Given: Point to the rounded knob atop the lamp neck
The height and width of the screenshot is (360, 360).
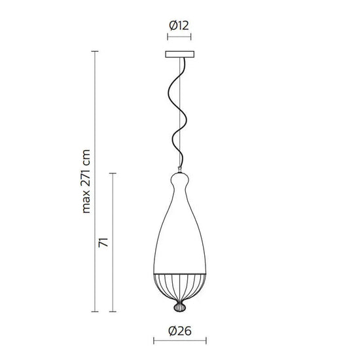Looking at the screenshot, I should (180, 177).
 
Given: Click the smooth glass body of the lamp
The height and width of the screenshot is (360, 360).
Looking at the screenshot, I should (180, 236).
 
